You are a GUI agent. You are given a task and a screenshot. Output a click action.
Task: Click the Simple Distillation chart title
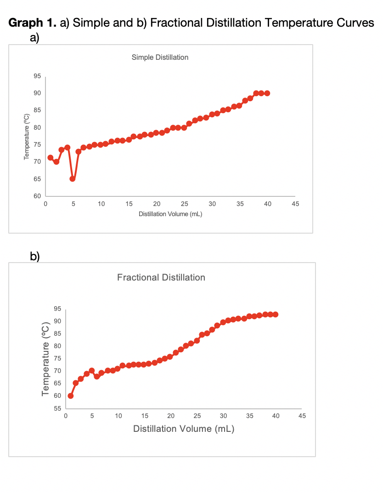(160, 57)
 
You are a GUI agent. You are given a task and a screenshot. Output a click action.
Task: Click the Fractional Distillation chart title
(161, 277)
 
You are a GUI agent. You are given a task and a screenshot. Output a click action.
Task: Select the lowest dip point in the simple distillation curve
(73, 179)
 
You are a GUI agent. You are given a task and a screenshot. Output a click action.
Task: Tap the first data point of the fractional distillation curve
(71, 396)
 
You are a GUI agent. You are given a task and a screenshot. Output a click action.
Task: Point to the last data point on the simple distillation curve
(267, 93)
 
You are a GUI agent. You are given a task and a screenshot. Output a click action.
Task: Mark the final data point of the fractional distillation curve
(276, 315)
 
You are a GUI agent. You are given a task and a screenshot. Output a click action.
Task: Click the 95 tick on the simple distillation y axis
(37, 76)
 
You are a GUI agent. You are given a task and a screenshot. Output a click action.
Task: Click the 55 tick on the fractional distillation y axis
(58, 408)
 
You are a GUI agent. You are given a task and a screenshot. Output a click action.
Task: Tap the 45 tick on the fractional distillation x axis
(302, 416)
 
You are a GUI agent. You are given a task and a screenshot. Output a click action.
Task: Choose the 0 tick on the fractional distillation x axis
(66, 416)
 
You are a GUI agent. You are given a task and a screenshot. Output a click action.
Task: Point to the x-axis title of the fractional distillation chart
(184, 429)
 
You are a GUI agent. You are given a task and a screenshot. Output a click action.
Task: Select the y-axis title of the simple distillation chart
(27, 136)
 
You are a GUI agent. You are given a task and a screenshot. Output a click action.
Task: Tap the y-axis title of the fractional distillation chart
(45, 359)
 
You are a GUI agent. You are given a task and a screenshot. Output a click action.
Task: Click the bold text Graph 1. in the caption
(33, 23)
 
